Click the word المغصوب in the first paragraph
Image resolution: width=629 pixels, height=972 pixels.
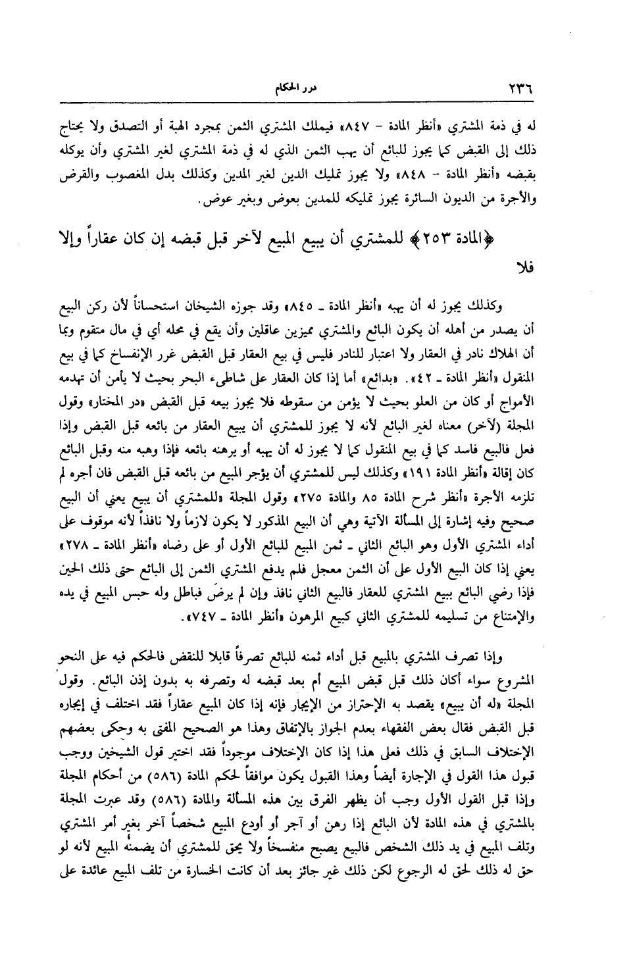coord(124,178)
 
